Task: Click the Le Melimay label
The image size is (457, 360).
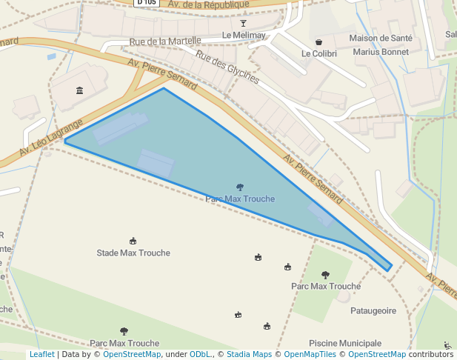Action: pyautogui.click(x=243, y=36)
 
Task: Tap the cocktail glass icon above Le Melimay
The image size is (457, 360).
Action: pyautogui.click(x=244, y=23)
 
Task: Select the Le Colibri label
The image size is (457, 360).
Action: pyautogui.click(x=319, y=54)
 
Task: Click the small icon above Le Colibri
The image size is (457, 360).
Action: pyautogui.click(x=319, y=42)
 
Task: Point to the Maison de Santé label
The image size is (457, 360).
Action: pyautogui.click(x=379, y=38)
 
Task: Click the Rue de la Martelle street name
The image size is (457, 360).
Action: pyautogui.click(x=164, y=41)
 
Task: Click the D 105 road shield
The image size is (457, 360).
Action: pyautogui.click(x=147, y=2)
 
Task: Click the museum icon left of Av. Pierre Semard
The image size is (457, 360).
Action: pyautogui.click(x=79, y=90)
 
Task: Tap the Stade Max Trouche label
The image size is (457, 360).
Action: pyautogui.click(x=133, y=253)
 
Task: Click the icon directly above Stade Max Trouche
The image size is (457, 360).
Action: pyautogui.click(x=133, y=241)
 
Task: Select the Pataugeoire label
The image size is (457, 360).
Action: pyautogui.click(x=373, y=311)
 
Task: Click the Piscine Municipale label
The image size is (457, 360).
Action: pyautogui.click(x=345, y=343)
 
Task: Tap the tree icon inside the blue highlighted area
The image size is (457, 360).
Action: pyautogui.click(x=240, y=187)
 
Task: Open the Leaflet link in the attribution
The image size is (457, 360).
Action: pyautogui.click(x=41, y=355)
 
